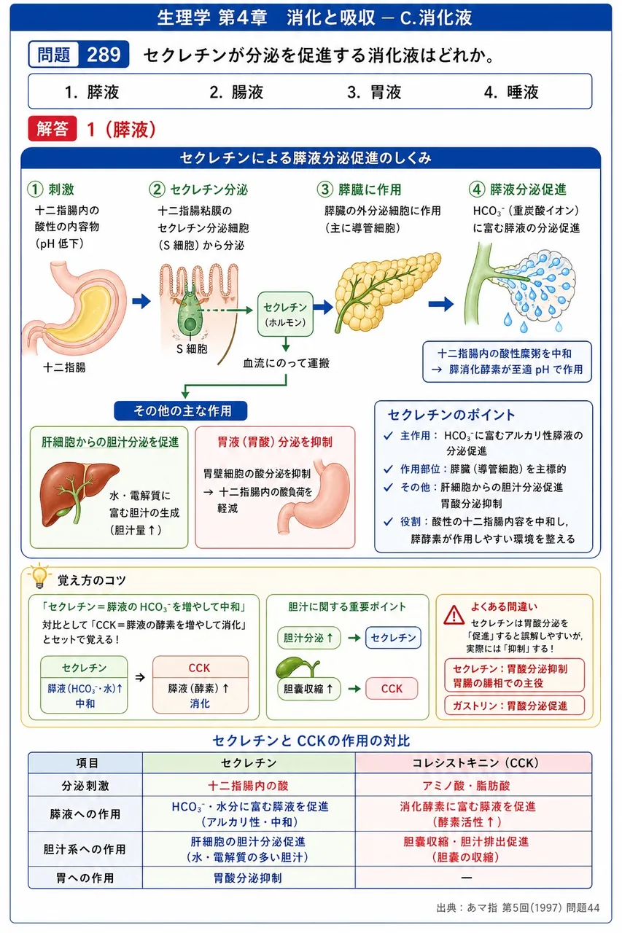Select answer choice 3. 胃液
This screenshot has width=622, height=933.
point(373,92)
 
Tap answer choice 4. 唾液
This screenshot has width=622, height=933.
point(511,92)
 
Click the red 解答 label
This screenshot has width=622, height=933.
point(53,128)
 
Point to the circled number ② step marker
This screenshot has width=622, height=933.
point(157,190)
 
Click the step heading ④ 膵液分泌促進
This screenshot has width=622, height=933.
point(518,190)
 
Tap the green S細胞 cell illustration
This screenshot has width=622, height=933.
point(190,316)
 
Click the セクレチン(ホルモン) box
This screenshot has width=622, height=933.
point(285,314)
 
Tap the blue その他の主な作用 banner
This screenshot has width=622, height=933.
point(180,411)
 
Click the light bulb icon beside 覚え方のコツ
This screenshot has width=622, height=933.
point(39,577)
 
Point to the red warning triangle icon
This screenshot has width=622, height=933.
point(454,614)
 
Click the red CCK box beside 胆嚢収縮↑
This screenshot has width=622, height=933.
point(392,689)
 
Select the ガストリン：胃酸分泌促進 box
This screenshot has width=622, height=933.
point(514,706)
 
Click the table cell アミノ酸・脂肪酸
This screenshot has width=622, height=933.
point(466,786)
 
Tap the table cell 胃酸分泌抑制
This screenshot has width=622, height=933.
point(248,878)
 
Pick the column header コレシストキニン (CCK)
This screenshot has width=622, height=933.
point(474,762)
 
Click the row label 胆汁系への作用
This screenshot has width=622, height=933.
point(85,849)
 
